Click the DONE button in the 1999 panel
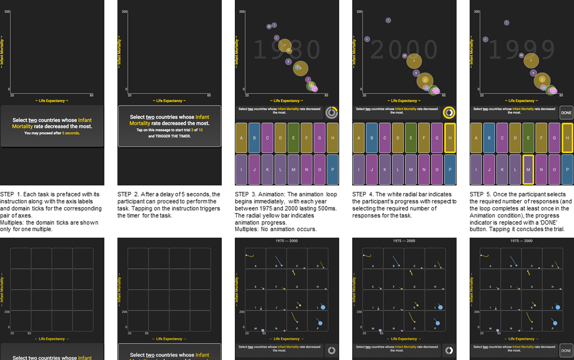[566, 113]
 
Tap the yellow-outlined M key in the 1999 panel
[527, 169]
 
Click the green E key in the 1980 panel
[293, 138]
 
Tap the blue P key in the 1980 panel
[332, 169]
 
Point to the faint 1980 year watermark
[287, 51]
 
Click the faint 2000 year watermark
[404, 51]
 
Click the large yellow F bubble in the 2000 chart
[414, 61]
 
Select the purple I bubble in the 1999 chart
[506, 23]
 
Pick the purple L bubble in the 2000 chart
[367, 39]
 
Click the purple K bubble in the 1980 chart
[288, 61]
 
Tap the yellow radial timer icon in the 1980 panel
[332, 113]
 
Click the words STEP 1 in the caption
[10, 194]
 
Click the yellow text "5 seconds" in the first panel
[71, 133]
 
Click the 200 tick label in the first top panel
[7, 12]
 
